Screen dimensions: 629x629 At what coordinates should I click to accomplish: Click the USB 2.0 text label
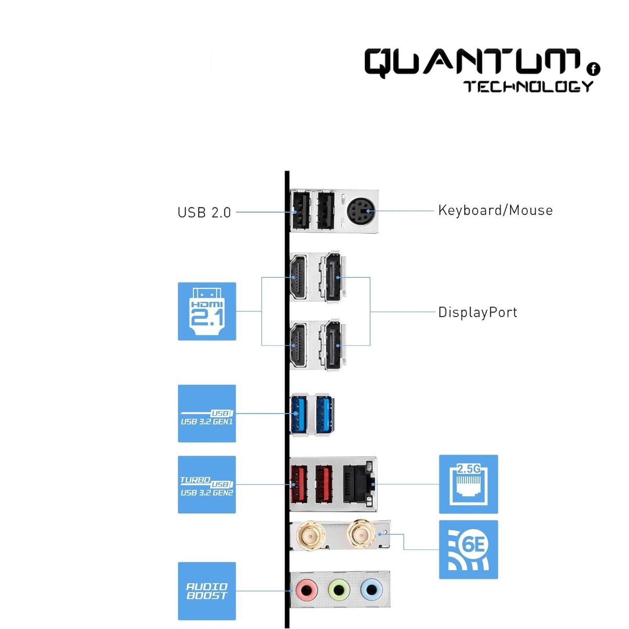[204, 212]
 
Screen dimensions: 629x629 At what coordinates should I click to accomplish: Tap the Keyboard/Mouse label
[495, 210]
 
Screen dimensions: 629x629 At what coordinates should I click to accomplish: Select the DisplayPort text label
[478, 312]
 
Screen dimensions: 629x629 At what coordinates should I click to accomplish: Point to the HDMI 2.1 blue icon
[207, 311]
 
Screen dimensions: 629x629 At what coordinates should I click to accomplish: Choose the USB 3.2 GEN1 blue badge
[207, 414]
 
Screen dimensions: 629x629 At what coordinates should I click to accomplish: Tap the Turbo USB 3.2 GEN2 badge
[207, 484]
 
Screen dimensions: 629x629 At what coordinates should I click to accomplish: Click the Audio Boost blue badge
[207, 591]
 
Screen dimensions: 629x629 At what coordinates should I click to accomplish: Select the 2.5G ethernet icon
[468, 484]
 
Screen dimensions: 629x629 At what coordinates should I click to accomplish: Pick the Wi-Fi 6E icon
[468, 549]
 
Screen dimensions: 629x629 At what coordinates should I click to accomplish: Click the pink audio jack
[306, 591]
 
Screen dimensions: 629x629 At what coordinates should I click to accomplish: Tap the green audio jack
[339, 591]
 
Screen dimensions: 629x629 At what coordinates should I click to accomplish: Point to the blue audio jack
[371, 591]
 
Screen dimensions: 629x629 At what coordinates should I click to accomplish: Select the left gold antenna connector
[310, 535]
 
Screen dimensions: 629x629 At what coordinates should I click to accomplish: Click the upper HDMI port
[298, 277]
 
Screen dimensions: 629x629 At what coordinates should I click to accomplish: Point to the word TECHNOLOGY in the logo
[528, 86]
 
